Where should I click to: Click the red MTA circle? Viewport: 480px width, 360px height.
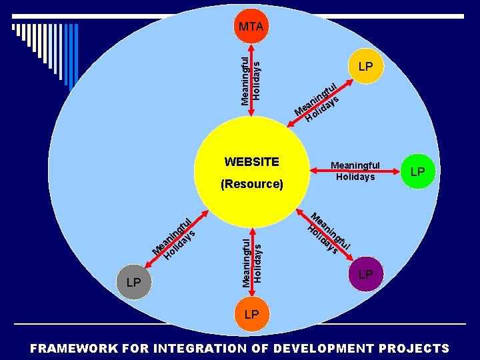tap(251, 27)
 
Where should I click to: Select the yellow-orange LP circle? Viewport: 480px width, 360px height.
tap(365, 67)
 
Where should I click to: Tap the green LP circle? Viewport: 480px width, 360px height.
tap(417, 171)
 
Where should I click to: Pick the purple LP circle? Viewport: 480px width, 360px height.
tap(365, 275)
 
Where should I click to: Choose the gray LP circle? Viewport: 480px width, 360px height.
tap(133, 282)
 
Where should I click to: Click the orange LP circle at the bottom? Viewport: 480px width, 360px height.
tap(251, 313)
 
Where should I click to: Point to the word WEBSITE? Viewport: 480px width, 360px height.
tap(252, 161)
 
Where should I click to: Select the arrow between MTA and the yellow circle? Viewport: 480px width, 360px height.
tap(251, 80)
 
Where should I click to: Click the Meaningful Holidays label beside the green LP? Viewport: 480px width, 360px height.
tap(355, 171)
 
